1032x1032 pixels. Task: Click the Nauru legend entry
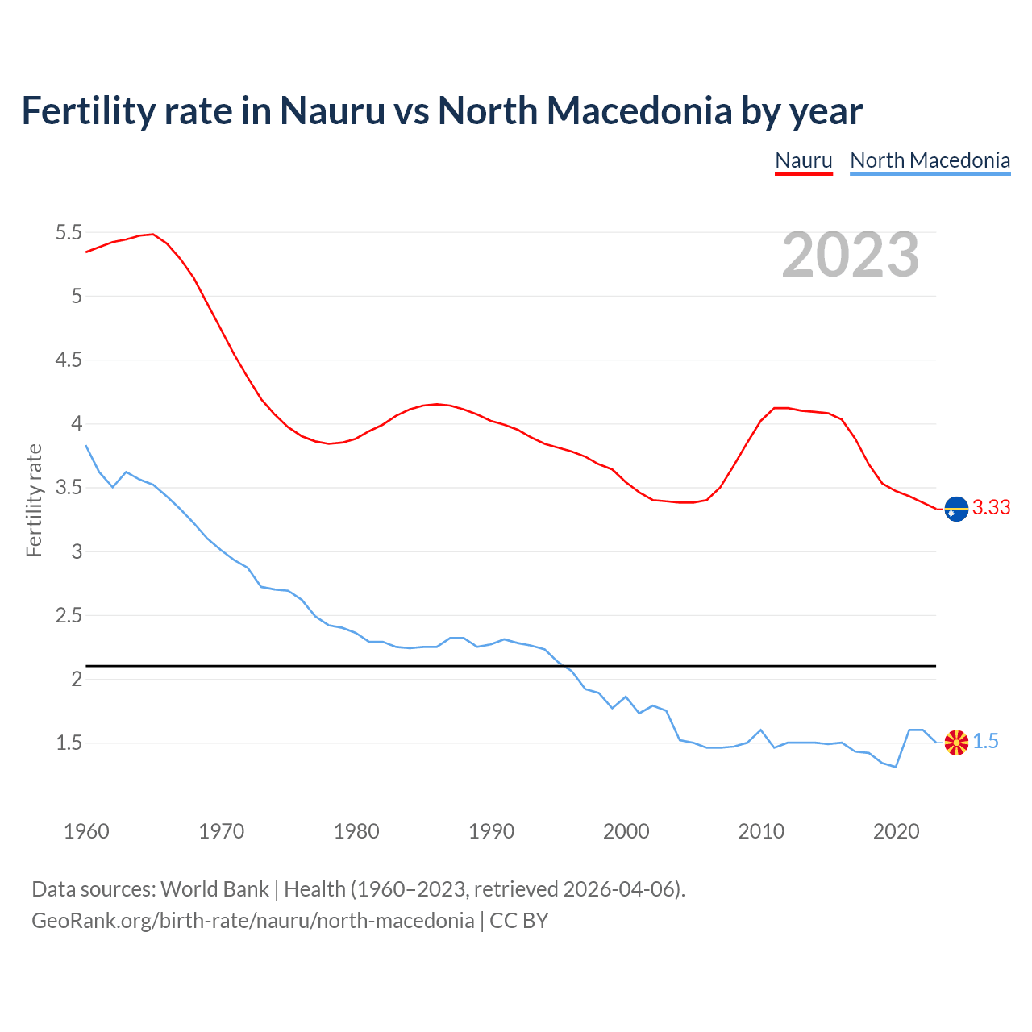pos(803,160)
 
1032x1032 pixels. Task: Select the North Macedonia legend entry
pos(930,160)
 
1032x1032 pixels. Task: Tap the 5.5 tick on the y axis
pos(69,233)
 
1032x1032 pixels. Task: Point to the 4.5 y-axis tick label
pos(69,360)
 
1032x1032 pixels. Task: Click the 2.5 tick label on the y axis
pos(69,616)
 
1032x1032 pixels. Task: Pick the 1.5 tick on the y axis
pos(69,743)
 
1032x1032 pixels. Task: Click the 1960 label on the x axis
pos(86,831)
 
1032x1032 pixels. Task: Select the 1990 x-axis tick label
pos(491,831)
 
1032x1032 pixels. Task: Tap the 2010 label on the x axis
pos(761,831)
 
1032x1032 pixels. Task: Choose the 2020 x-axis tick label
pos(896,831)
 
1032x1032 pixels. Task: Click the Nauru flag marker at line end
pos(956,509)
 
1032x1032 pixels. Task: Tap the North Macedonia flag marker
pos(956,743)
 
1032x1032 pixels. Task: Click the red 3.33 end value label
pos(991,508)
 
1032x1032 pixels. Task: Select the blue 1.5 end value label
pos(985,742)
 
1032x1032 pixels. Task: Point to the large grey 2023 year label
pos(850,255)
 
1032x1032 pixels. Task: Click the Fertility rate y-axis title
pos(34,500)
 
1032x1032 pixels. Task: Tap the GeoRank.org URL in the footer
pos(252,921)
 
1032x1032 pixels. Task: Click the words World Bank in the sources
pos(214,889)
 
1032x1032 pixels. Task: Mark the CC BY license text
pos(518,921)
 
